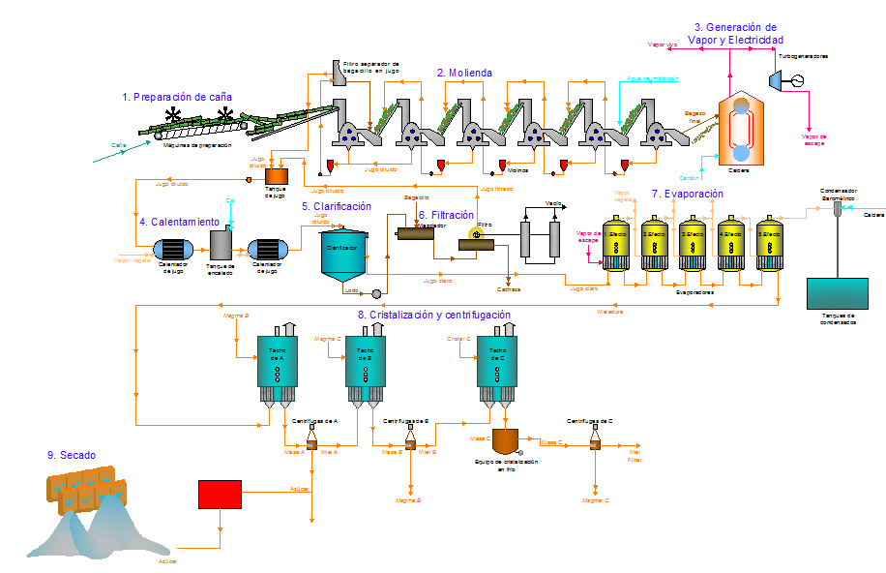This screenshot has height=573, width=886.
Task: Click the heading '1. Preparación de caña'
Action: (177, 97)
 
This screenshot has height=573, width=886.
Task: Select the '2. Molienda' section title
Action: (464, 73)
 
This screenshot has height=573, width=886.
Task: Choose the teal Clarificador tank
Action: (345, 255)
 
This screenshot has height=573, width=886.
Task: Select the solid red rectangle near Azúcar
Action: (220, 494)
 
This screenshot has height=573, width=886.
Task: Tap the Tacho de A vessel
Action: (277, 363)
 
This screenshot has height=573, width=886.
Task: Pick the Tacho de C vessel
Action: (497, 363)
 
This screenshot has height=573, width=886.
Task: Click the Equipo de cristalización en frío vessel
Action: (507, 441)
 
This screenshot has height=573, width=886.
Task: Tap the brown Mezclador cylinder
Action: (416, 233)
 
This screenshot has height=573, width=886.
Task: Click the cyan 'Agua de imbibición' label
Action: (653, 78)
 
